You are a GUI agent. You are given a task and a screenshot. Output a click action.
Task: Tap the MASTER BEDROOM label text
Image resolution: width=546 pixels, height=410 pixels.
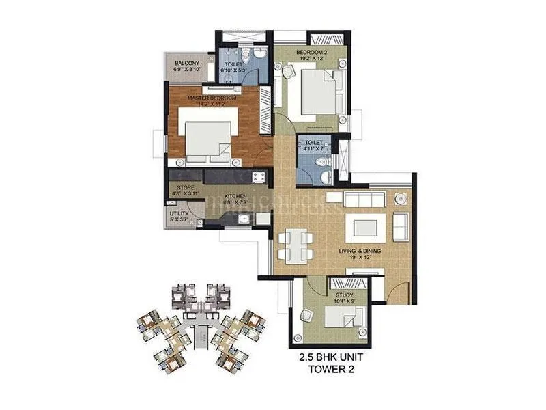(212, 98)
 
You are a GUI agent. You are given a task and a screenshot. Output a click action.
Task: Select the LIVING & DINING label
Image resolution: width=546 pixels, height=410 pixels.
(358, 251)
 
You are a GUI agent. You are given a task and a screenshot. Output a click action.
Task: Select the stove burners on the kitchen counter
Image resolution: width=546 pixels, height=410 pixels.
(259, 178)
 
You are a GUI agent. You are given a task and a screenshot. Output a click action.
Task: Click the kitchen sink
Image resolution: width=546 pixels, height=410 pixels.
(259, 218)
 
